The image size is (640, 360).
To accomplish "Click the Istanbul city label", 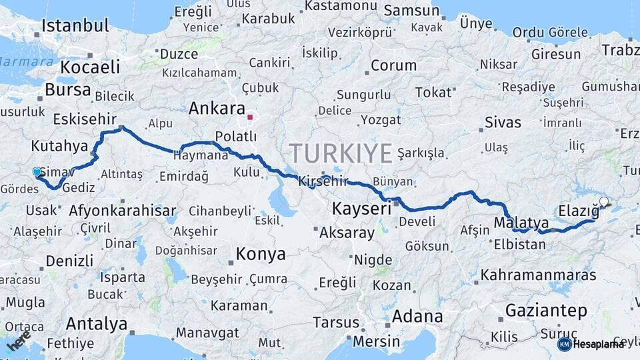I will pyautogui.click(x=75, y=26).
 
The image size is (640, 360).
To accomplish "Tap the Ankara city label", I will pyautogui.click(x=217, y=108).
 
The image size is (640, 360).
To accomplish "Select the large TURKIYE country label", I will pyautogui.click(x=341, y=153).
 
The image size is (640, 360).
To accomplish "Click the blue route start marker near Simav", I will pyautogui.click(x=37, y=172).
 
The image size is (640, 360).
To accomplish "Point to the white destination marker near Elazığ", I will pyautogui.click(x=604, y=201).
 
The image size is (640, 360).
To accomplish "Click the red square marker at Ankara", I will pyautogui.click(x=250, y=118).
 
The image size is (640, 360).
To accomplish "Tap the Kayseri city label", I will pyautogui.click(x=361, y=209).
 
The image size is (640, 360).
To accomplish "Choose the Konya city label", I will pyautogui.click(x=261, y=254).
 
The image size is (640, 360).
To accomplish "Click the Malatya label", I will pyautogui.click(x=521, y=222).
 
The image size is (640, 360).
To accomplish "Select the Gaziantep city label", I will pyautogui.click(x=546, y=311).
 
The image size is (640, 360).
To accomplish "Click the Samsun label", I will pyautogui.click(x=411, y=11).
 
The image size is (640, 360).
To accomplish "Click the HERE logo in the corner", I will pyautogui.click(x=18, y=340).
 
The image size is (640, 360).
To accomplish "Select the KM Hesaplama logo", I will pyautogui.click(x=591, y=344).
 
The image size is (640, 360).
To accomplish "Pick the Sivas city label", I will pyautogui.click(x=503, y=122).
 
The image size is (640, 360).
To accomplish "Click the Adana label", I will pyautogui.click(x=417, y=315).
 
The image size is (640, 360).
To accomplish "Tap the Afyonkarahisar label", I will pyautogui.click(x=122, y=211).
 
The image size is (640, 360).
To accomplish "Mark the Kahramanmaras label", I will pyautogui.click(x=538, y=274).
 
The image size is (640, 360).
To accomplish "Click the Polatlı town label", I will pyautogui.click(x=235, y=136).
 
